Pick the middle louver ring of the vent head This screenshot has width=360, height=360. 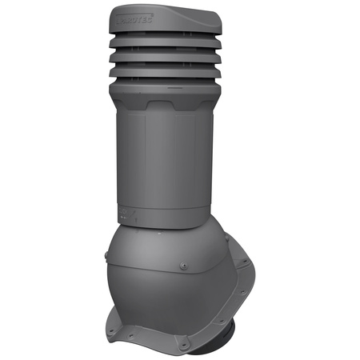tap(163, 61)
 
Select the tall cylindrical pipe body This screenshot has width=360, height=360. tap(164, 160)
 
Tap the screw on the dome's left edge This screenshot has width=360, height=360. tap(107, 257)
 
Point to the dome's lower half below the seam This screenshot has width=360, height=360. tap(160, 296)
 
